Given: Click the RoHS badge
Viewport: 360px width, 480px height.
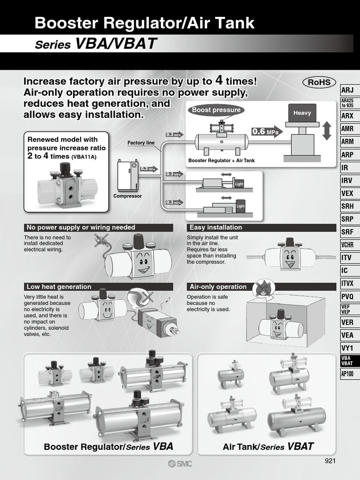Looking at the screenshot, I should click(319, 82).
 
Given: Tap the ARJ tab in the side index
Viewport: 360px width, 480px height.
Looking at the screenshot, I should click(347, 90).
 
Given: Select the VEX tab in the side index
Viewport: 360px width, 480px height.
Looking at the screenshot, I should click(347, 193).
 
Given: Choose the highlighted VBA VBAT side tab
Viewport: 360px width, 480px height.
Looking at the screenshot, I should click(347, 360).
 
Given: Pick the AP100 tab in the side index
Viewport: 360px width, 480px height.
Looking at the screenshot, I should click(347, 374).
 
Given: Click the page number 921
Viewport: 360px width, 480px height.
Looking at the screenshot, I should click(330, 461).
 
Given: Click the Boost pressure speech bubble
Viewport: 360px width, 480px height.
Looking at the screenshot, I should click(216, 110).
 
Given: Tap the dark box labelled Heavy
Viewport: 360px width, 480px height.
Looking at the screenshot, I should click(302, 113).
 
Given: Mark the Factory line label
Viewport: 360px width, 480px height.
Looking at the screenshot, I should click(141, 143).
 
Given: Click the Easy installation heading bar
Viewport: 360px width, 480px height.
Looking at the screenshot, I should click(261, 227).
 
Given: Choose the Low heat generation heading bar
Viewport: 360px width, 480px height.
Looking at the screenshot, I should click(98, 286).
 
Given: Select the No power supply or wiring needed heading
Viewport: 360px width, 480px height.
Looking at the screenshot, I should click(98, 227).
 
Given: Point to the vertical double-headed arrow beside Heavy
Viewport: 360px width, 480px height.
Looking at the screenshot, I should click(327, 130).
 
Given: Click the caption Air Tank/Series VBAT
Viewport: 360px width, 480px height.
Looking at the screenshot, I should click(268, 447).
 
